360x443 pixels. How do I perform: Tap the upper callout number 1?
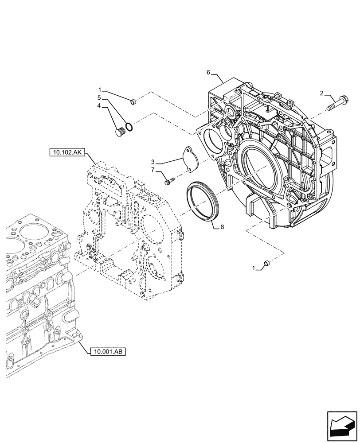(x=101, y=90)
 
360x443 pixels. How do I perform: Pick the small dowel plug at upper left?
(x=133, y=103)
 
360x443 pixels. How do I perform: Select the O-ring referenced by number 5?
(x=129, y=127)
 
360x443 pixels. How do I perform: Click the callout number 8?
(x=222, y=227)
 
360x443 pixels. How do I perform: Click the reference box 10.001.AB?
(x=108, y=352)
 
